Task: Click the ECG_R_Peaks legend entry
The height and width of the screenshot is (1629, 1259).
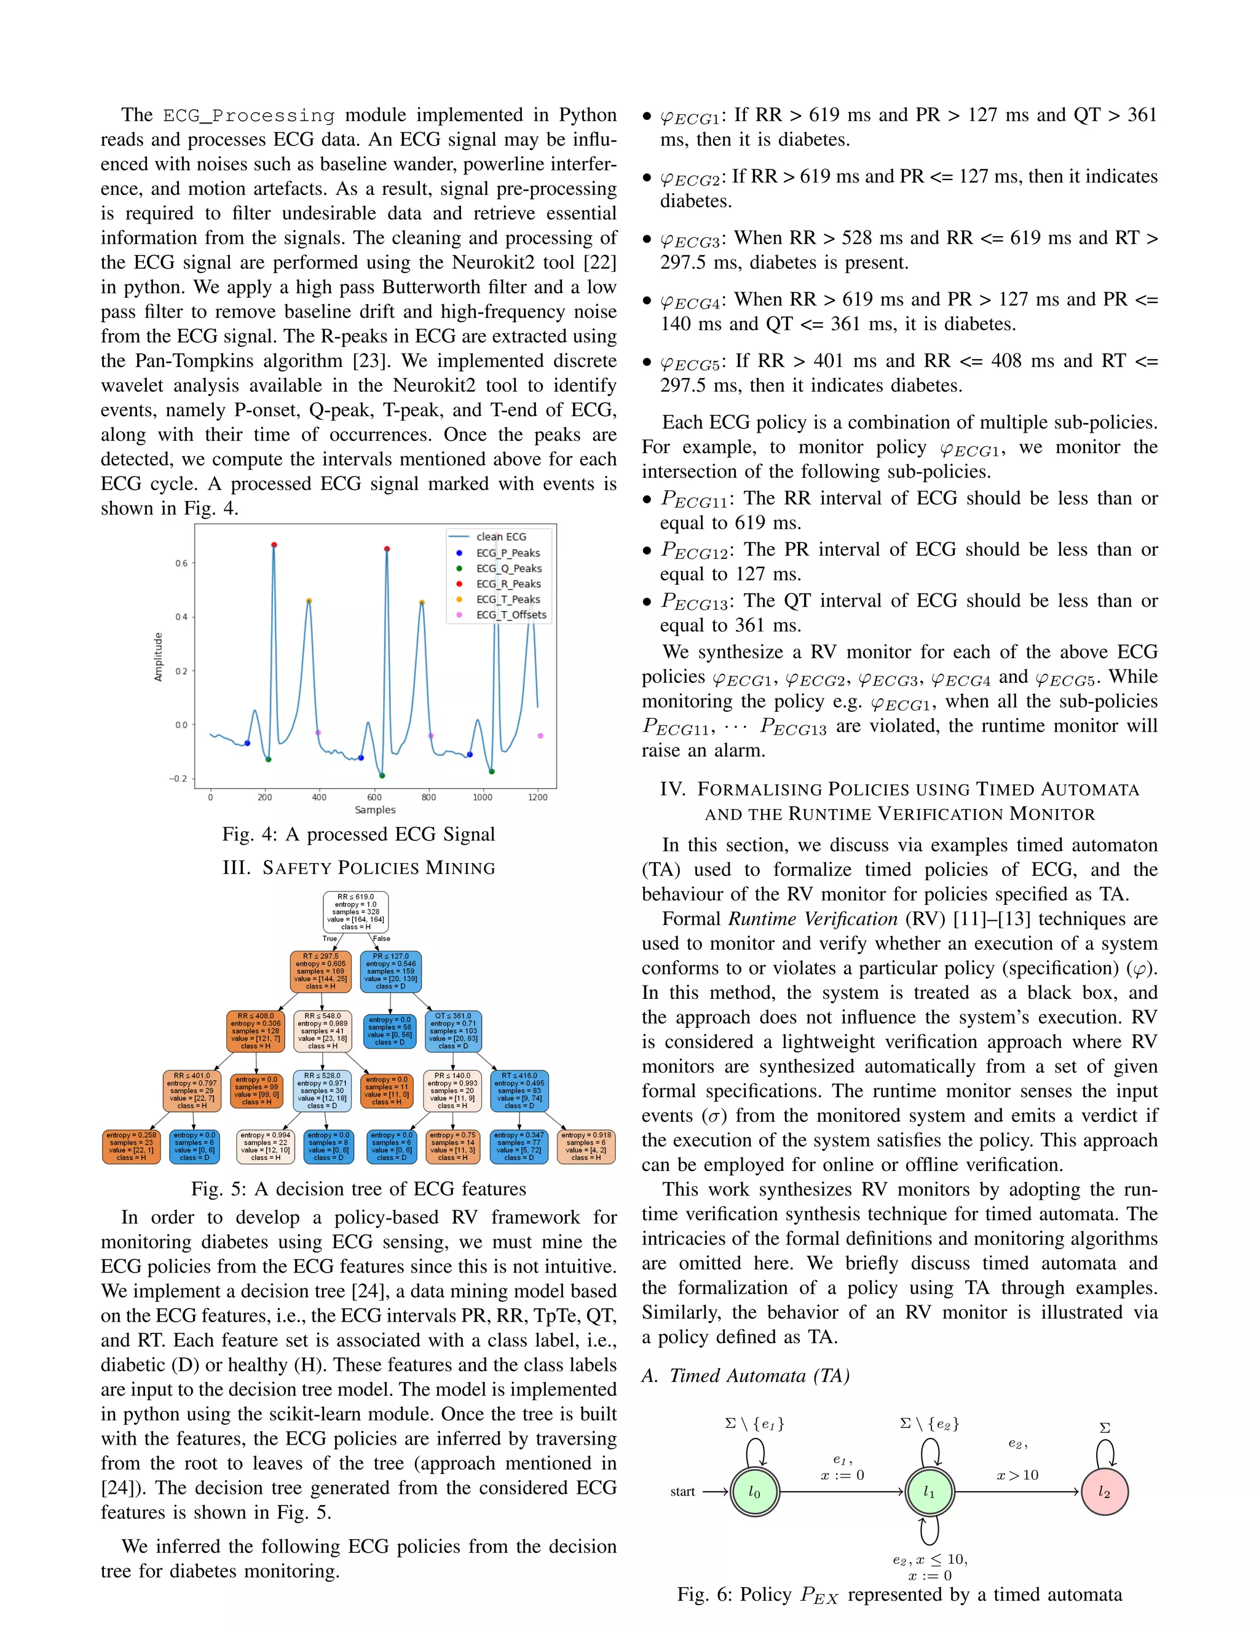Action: coord(508,584)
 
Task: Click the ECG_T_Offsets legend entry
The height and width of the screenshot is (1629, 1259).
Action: coord(511,615)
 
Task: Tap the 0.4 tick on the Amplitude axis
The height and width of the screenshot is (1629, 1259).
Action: coord(181,617)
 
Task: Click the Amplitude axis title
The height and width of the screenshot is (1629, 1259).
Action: coord(158,657)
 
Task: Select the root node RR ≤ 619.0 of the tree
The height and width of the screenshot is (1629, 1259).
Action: coord(356,912)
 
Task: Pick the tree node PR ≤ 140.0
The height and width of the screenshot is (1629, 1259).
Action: coord(452,1091)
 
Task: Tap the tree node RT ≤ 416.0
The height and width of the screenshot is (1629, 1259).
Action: coord(519,1091)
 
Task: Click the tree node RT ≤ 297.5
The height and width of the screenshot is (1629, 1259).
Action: coord(321,971)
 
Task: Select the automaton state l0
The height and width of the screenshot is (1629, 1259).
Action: coord(754,1492)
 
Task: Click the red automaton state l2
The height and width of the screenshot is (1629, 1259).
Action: coord(1105,1492)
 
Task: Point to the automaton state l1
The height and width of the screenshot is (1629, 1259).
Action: coord(929,1492)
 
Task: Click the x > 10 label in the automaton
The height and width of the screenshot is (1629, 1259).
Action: coord(1017,1475)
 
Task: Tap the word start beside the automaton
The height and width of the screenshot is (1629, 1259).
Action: coord(682,1492)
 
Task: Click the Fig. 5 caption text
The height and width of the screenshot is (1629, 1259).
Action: coord(358,1188)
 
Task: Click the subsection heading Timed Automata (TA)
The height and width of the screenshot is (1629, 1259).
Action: coord(746,1375)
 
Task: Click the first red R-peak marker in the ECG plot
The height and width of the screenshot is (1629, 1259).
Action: coord(274,545)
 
